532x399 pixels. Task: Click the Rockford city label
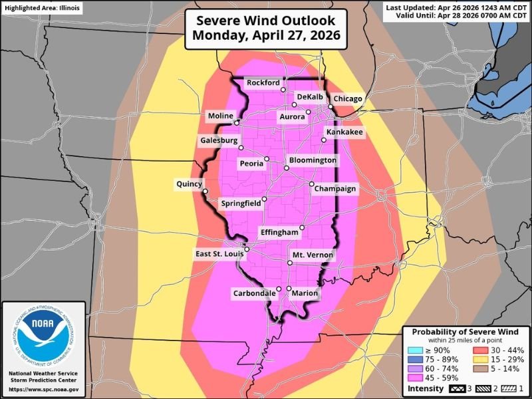click(263, 82)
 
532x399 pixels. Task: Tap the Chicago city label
click(348, 98)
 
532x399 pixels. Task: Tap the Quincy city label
click(189, 184)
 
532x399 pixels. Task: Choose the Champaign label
click(336, 189)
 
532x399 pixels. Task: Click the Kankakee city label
click(344, 133)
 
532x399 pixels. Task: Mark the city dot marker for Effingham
click(301, 227)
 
